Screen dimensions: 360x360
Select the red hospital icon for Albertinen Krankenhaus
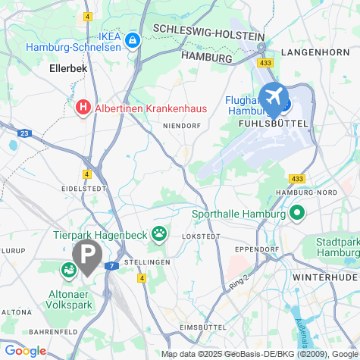click(84, 108)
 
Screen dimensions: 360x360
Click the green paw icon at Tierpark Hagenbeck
click(159, 233)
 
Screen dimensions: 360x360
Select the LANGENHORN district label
click(313, 52)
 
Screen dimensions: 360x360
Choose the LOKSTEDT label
click(200, 236)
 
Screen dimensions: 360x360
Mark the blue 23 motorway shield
click(25, 133)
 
